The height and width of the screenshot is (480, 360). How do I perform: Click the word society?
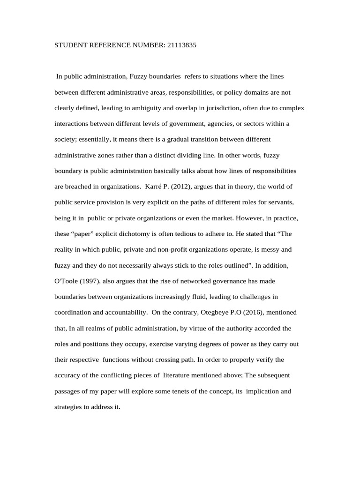pyautogui.click(x=66, y=139)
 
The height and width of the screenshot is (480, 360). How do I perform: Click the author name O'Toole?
pyautogui.click(x=67, y=281)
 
